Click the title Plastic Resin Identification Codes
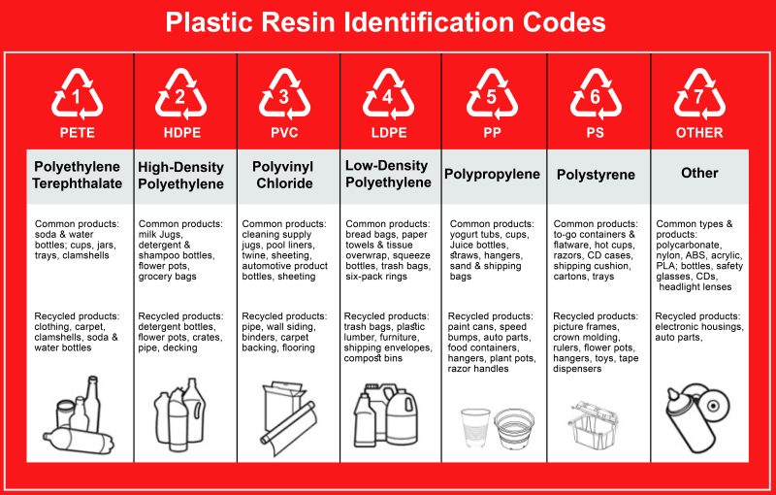(387, 22)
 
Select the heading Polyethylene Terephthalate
(78, 175)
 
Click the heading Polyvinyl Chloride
(283, 175)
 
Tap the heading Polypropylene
(492, 174)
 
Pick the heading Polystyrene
(596, 175)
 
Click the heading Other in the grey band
(699, 173)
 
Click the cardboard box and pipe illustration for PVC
(287, 417)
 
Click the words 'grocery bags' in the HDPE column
(168, 277)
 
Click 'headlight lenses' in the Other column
(696, 287)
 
